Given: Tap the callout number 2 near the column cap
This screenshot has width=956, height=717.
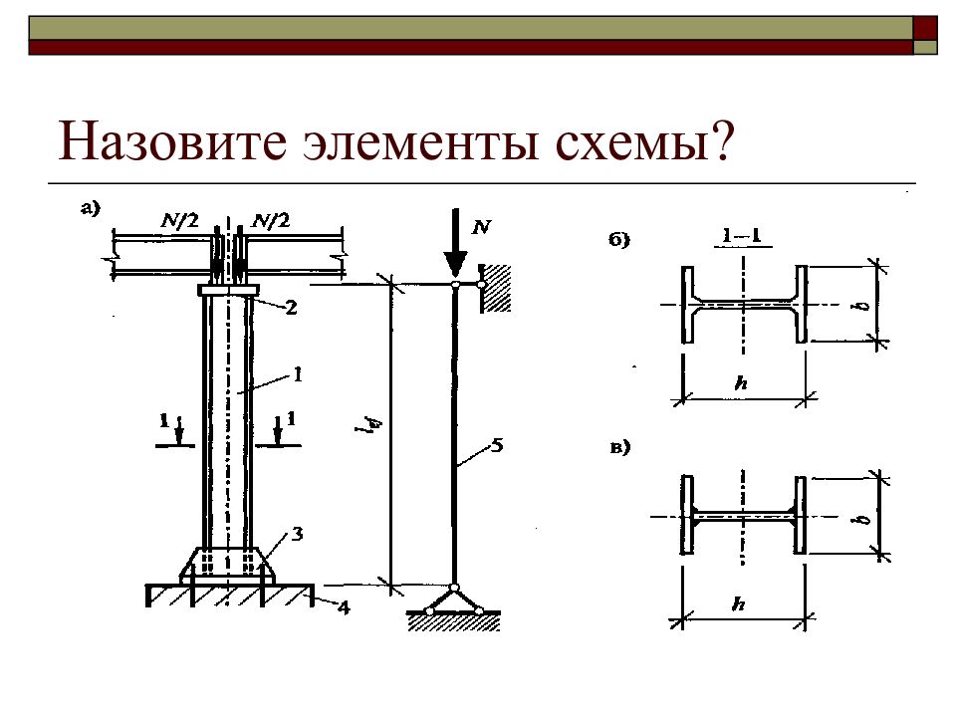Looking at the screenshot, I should (x=291, y=309).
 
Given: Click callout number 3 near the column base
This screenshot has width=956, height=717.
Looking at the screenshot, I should (x=296, y=536).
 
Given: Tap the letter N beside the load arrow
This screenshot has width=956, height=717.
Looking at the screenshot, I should (x=481, y=227).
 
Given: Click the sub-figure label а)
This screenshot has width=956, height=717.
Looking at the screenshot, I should (x=91, y=208).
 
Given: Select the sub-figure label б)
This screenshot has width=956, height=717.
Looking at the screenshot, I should (x=619, y=240).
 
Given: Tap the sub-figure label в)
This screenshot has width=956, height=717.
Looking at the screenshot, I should (x=620, y=447).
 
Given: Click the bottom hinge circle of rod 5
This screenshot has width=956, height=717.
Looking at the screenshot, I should (x=454, y=588).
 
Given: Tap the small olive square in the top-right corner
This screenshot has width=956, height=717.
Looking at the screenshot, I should (x=926, y=47).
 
